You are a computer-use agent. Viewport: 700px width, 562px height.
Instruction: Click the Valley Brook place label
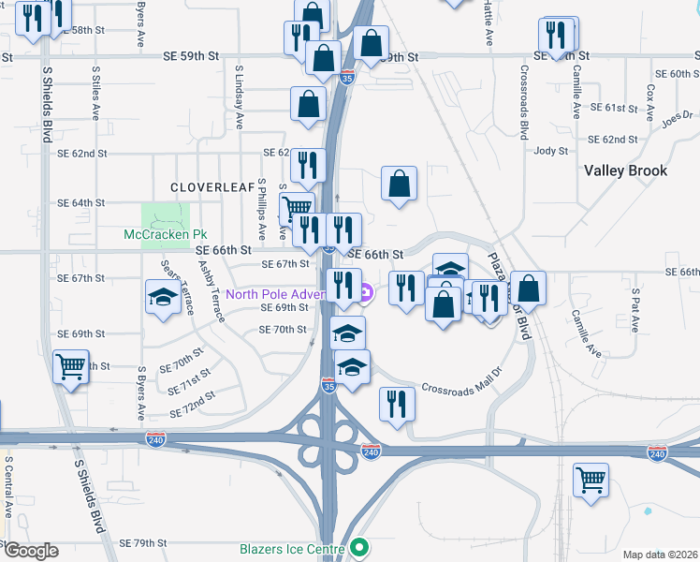coord(626,170)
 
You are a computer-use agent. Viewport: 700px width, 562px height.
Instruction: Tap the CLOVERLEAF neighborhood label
coord(212,187)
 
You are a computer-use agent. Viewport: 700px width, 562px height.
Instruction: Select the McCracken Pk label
coord(166,234)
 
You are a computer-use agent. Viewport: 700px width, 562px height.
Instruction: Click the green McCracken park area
coord(165,214)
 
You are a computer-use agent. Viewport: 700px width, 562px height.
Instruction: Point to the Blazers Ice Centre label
coord(286,549)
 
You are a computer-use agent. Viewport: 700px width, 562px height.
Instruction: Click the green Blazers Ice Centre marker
coord(357,549)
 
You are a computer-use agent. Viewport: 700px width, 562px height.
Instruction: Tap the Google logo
coord(31,551)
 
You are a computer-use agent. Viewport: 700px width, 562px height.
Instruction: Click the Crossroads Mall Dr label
coord(461,387)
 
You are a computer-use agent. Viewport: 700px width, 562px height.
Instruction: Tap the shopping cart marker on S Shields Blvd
coord(70,366)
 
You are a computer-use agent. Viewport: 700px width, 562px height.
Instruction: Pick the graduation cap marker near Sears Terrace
coord(163,297)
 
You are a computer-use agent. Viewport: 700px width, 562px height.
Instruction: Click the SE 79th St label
coord(143,543)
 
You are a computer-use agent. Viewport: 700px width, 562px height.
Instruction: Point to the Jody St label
coord(550,151)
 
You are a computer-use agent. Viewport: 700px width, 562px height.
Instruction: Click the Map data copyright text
coord(661,555)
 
